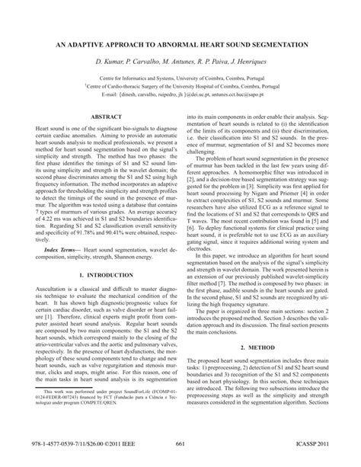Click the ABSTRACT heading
pyautogui.click(x=105, y=116)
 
